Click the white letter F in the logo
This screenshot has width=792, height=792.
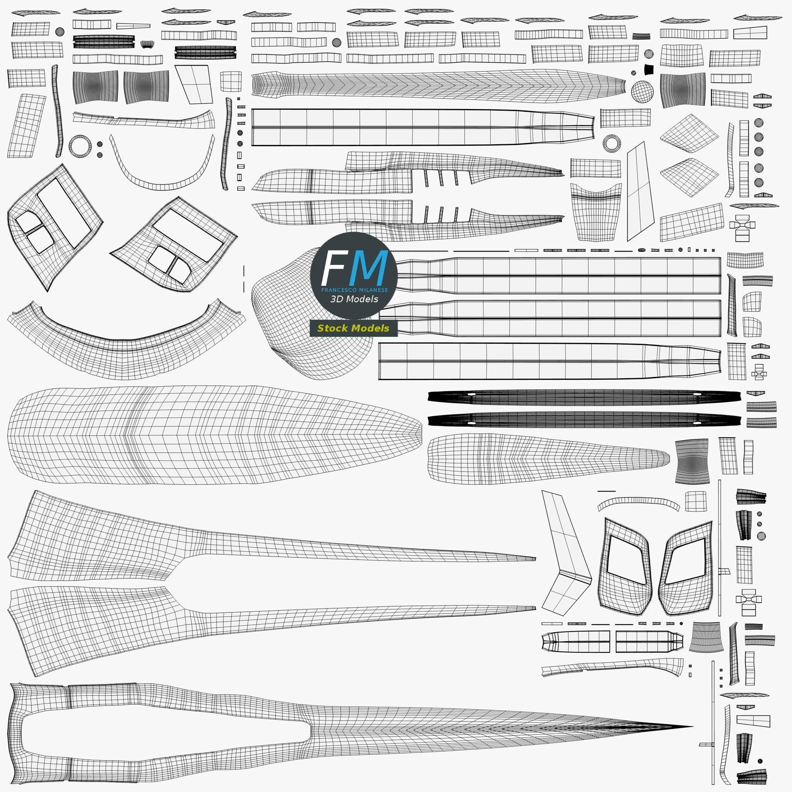333,268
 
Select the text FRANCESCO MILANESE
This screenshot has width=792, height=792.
354,290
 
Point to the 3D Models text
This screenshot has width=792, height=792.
354,299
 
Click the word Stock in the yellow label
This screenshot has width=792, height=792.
333,328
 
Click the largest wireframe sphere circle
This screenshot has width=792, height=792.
642,91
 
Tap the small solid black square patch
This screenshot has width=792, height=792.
648,70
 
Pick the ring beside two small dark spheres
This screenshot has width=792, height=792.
80,145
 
